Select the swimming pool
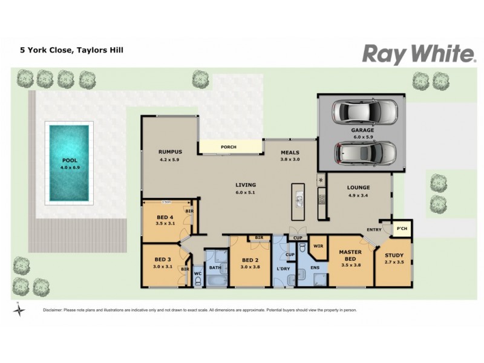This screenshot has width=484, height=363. pyautogui.click(x=69, y=163)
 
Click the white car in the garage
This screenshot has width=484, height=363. pyautogui.click(x=367, y=111)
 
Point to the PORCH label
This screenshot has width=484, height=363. pyautogui.click(x=229, y=147)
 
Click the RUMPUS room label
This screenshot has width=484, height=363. pyautogui.click(x=170, y=152)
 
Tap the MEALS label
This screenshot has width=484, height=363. pyautogui.click(x=290, y=152)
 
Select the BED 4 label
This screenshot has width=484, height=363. pyautogui.click(x=165, y=217)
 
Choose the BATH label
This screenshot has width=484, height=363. pyautogui.click(x=215, y=267)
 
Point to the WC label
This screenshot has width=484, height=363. pyautogui.click(x=197, y=273)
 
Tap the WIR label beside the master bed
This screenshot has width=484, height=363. pyautogui.click(x=318, y=246)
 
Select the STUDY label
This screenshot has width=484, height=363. pyautogui.click(x=397, y=255)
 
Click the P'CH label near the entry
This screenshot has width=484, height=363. pyautogui.click(x=400, y=228)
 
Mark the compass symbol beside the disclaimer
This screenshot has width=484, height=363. pyautogui.click(x=20, y=310)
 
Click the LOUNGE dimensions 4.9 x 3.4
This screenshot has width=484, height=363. pyautogui.click(x=358, y=195)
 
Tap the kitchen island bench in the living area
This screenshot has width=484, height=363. pyautogui.click(x=298, y=201)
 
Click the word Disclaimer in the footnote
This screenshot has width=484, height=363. pyautogui.click(x=56, y=310)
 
